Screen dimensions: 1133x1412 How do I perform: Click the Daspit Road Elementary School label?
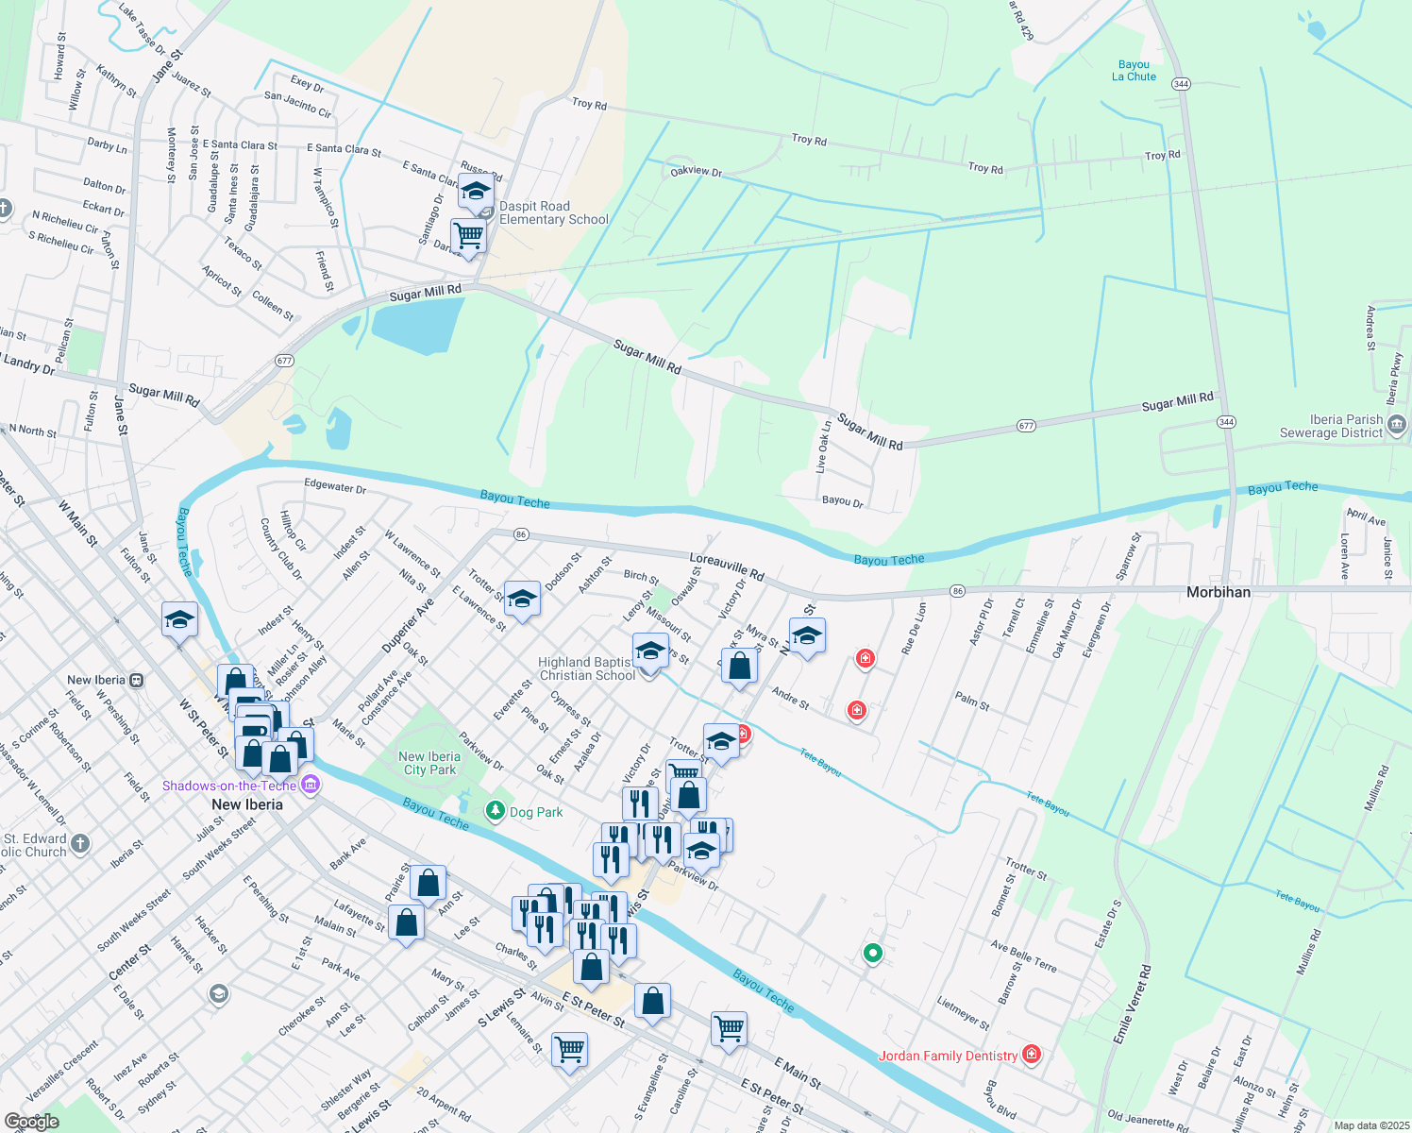pyautogui.click(x=553, y=212)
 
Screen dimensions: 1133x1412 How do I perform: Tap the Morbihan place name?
pyautogui.click(x=1218, y=592)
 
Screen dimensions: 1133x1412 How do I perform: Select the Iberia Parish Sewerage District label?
pyautogui.click(x=1331, y=426)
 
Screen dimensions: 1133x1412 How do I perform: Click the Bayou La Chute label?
pyautogui.click(x=1134, y=71)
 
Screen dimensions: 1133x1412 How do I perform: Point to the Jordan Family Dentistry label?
pyautogui.click(x=948, y=1056)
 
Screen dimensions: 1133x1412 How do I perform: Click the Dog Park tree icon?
pyautogui.click(x=495, y=811)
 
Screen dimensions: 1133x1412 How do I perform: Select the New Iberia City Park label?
pyautogui.click(x=429, y=763)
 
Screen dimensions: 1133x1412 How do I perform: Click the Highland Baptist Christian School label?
pyautogui.click(x=586, y=668)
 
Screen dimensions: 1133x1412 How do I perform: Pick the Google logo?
pyautogui.click(x=31, y=1122)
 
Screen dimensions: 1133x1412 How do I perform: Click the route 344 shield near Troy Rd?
pyautogui.click(x=1181, y=84)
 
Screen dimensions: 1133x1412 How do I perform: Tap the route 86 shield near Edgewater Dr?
pyautogui.click(x=521, y=534)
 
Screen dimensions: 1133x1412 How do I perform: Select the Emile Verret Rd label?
pyautogui.click(x=1132, y=1004)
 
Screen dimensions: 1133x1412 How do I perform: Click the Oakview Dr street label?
pyautogui.click(x=696, y=172)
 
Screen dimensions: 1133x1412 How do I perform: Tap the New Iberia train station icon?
pyautogui.click(x=137, y=680)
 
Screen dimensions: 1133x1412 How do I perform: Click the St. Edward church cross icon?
pyautogui.click(x=80, y=843)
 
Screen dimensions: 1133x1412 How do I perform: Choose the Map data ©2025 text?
pyautogui.click(x=1370, y=1125)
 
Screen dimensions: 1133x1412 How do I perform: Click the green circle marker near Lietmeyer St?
pyautogui.click(x=873, y=954)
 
